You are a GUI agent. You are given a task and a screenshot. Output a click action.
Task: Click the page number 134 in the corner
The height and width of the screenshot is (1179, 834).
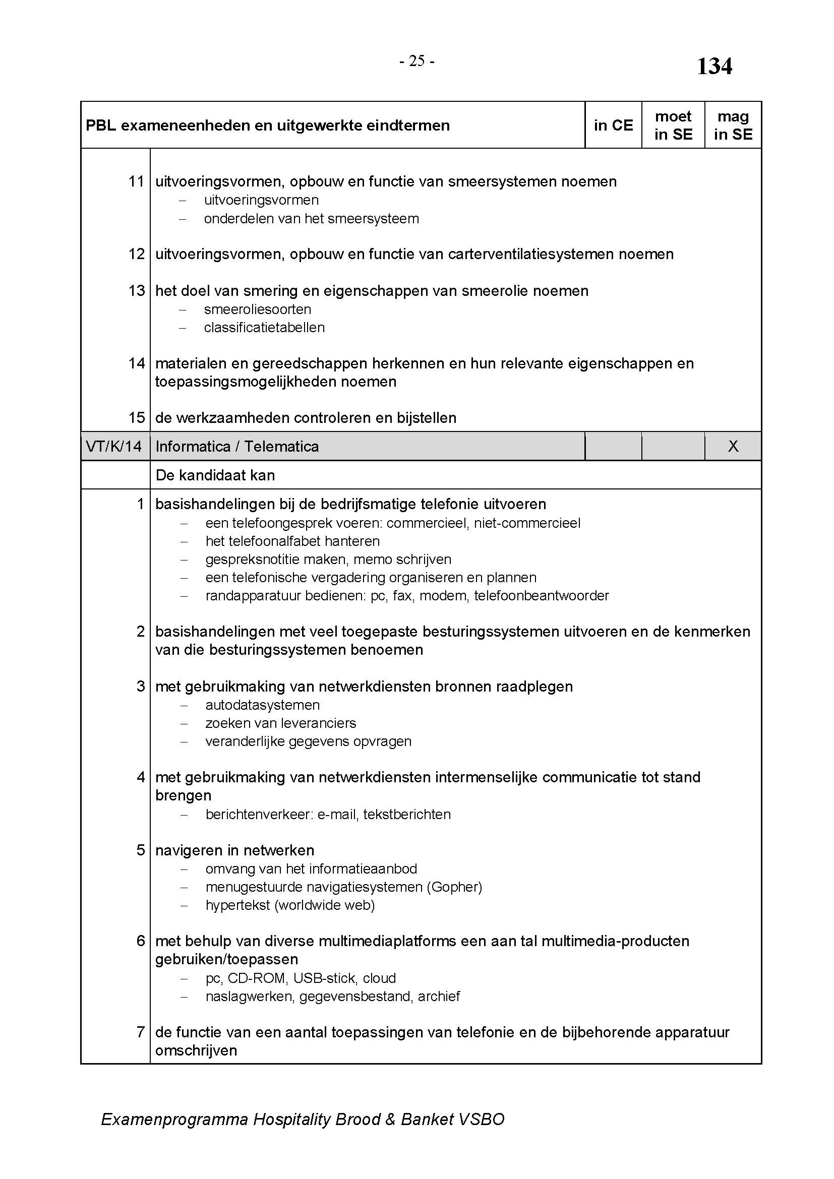(714, 67)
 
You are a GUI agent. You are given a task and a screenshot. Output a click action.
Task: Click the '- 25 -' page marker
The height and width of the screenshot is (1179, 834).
(416, 61)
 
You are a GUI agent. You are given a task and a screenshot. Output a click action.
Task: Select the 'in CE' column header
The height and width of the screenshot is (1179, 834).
(613, 126)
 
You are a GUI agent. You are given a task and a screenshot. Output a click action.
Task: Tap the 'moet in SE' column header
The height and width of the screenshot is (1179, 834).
(673, 126)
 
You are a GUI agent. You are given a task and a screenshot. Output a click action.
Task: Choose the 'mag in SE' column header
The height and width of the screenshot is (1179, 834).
(733, 126)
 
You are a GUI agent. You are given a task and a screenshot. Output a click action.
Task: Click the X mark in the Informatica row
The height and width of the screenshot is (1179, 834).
(733, 446)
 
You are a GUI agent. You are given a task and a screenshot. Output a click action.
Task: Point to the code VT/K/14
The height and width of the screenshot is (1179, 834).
(113, 446)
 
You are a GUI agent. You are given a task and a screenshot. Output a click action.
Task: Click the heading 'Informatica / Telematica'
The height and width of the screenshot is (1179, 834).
(237, 446)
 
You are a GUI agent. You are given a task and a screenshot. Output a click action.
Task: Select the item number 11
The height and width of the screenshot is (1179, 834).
(137, 181)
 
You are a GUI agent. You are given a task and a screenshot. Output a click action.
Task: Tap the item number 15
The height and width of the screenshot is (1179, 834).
(137, 417)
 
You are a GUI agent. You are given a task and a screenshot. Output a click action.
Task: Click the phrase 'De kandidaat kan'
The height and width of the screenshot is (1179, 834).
(215, 475)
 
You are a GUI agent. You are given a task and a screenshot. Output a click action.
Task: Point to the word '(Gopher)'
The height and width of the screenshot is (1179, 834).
(454, 887)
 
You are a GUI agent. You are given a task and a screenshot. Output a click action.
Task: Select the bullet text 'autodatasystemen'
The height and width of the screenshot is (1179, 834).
(262, 705)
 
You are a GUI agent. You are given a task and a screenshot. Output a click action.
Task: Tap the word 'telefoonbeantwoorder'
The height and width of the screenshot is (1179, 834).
(541, 596)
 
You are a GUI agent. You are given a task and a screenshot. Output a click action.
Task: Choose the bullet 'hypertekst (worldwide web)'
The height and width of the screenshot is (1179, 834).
(290, 905)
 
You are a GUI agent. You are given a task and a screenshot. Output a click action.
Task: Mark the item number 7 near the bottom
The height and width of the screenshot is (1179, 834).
(141, 1032)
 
